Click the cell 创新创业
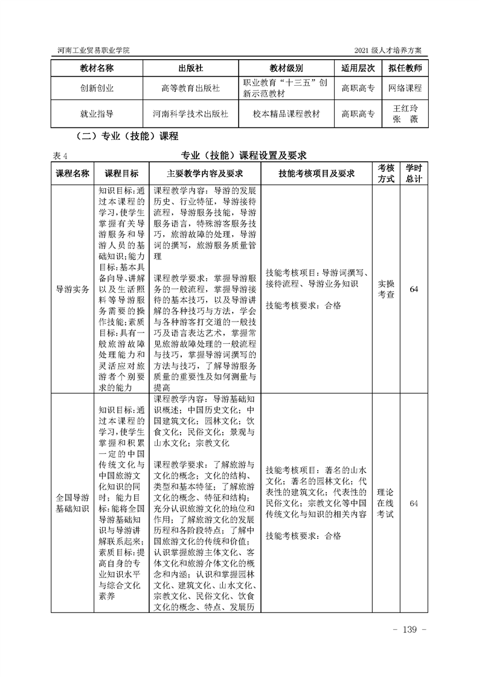(97, 88)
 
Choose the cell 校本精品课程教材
(286, 113)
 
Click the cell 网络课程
(405, 88)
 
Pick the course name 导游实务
(72, 289)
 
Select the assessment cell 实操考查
(386, 289)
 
